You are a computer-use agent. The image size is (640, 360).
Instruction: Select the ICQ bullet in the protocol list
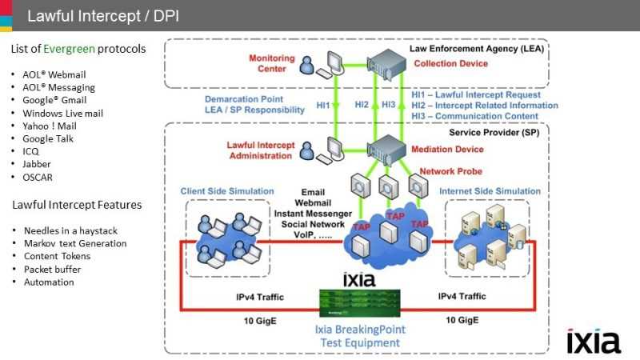[31, 150]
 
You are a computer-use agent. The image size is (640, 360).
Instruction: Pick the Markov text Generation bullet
[75, 243]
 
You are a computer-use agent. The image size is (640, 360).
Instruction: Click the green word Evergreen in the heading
[70, 49]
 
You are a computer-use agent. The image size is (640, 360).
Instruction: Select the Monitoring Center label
[272, 64]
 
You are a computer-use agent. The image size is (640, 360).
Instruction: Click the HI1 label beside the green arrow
[322, 105]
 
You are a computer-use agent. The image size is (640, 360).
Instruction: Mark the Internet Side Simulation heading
[489, 191]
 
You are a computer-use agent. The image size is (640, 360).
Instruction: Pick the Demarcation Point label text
[254, 99]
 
